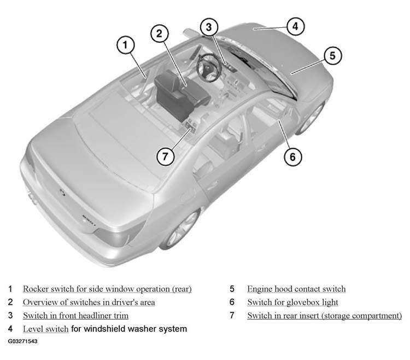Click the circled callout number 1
[x=126, y=45]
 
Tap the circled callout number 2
[x=160, y=33]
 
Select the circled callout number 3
[x=209, y=27]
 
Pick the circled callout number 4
[x=295, y=26]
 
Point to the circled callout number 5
[x=332, y=55]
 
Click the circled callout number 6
[x=293, y=156]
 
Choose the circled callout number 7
[x=165, y=156]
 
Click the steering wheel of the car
[x=209, y=67]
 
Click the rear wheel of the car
[x=181, y=229]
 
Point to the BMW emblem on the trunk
[x=62, y=193]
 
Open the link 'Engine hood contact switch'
[x=296, y=289]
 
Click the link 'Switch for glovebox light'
[x=292, y=302]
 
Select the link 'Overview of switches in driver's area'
[x=89, y=302]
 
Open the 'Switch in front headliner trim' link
[x=76, y=316]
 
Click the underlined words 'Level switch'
[x=46, y=329]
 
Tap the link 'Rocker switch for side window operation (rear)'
[x=107, y=289]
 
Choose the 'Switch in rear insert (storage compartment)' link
[x=325, y=316]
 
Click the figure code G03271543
[x=22, y=341]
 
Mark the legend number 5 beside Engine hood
[x=232, y=289]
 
